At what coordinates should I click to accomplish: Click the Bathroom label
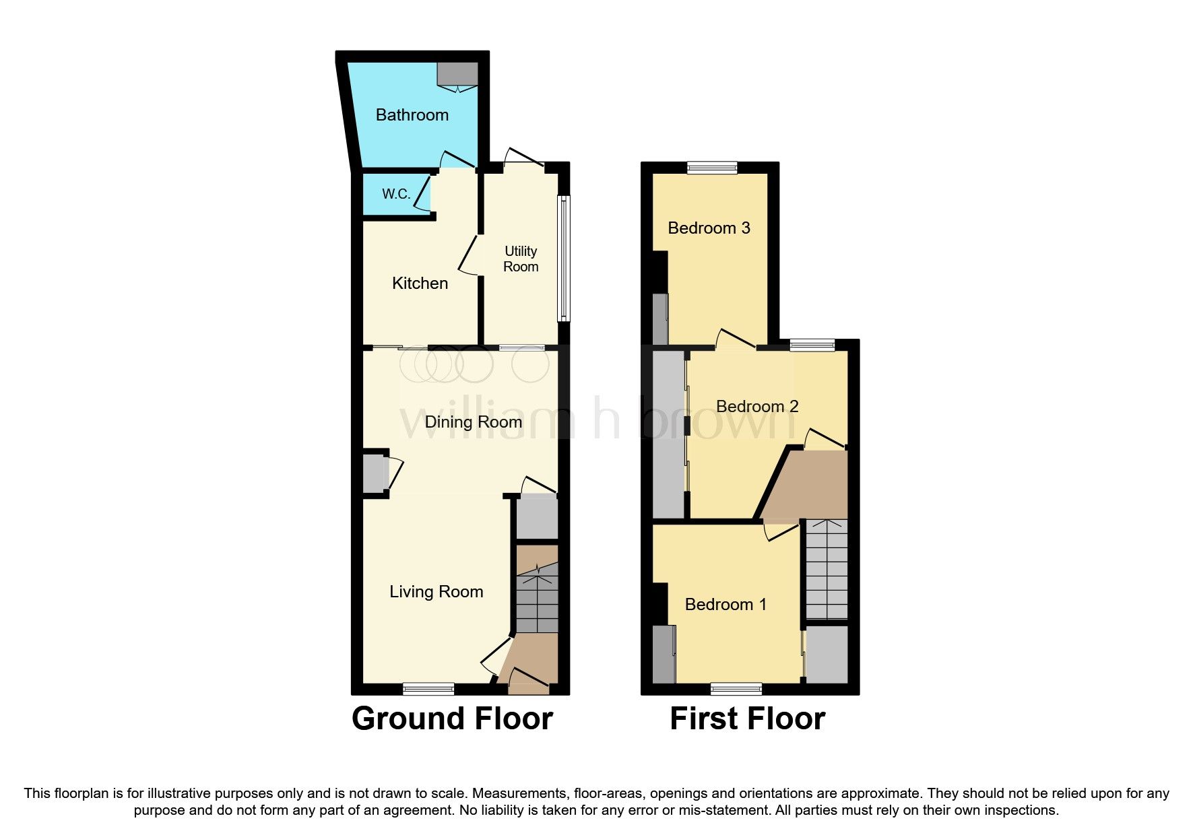412,115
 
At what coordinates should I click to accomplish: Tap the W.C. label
396,194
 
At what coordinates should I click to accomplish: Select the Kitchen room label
420,283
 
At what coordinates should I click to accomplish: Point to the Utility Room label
521,259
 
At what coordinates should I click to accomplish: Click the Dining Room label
473,422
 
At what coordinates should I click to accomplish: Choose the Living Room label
436,592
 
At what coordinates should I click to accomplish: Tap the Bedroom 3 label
709,228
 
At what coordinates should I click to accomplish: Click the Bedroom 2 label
756,407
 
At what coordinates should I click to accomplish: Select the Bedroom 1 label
726,605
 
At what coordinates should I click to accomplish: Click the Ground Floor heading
452,719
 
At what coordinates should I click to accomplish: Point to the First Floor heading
747,719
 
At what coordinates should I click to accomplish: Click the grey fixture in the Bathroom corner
457,73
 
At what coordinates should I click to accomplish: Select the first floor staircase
827,569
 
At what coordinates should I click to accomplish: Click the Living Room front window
428,688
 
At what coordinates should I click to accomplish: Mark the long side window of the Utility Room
564,259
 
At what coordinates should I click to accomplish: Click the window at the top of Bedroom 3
712,168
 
